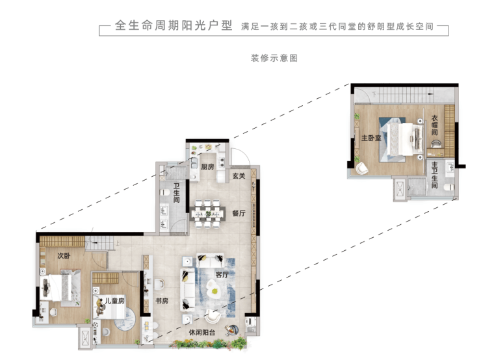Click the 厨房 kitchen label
207,167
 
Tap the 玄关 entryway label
239,175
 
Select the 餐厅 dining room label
239,213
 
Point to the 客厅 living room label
222,274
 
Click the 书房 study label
162,301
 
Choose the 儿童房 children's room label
115,300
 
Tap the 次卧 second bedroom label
64,255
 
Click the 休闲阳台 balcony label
202,333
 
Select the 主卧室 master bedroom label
371,138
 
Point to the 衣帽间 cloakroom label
434,125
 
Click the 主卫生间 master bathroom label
434,175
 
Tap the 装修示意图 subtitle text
274,58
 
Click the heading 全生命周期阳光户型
174,25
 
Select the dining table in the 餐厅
208,214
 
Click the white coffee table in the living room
213,289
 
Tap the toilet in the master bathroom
449,186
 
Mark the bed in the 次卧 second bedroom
60,288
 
